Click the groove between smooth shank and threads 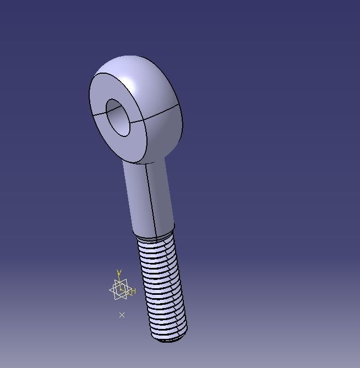pos(155,238)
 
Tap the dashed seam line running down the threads pos(165,286)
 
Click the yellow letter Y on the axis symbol pos(119,273)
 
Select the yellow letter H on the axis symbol pos(133,291)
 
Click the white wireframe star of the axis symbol pos(120,290)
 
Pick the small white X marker pos(122,315)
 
